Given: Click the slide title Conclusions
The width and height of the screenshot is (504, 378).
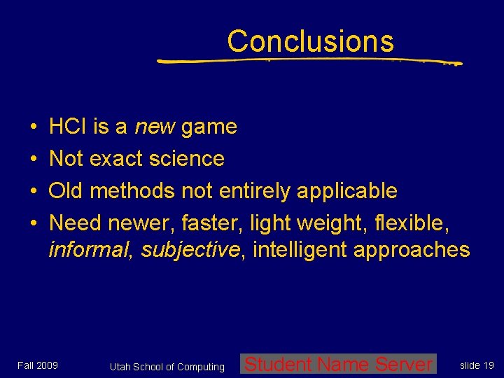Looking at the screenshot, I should pyautogui.click(x=310, y=41).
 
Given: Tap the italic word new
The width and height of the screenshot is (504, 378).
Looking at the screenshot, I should pyautogui.click(x=155, y=127).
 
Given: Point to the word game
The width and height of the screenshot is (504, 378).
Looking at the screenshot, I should pyautogui.click(x=209, y=127).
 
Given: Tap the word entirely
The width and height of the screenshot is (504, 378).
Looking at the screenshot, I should pyautogui.click(x=255, y=190).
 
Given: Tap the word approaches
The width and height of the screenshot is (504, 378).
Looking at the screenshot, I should pyautogui.click(x=412, y=251).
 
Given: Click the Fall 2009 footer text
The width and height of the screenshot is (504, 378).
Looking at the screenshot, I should pyautogui.click(x=38, y=365).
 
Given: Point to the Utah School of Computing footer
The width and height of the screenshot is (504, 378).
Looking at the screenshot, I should pyautogui.click(x=167, y=367).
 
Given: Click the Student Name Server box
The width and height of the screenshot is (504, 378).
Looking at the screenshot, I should pyautogui.click(x=339, y=364).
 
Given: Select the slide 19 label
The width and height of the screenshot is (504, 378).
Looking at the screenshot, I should pyautogui.click(x=477, y=365).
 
